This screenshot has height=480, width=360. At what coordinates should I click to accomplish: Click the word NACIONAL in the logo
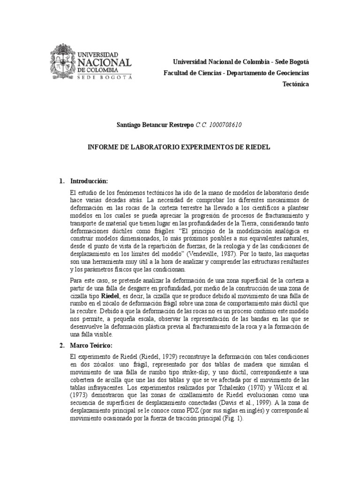pyautogui.click(x=105, y=63)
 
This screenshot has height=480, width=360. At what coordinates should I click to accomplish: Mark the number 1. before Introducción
pyautogui.click(x=61, y=181)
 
